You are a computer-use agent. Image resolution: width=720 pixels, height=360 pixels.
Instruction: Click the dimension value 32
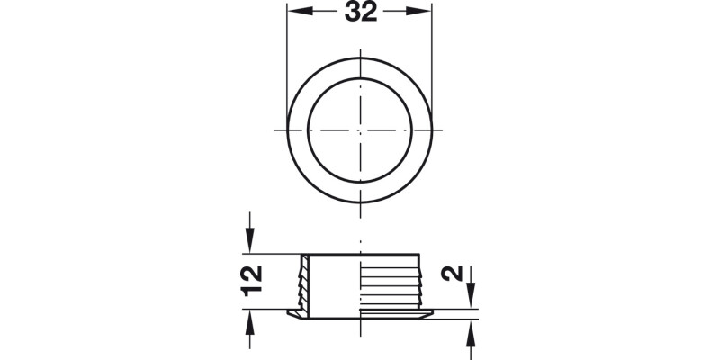coord(359,13)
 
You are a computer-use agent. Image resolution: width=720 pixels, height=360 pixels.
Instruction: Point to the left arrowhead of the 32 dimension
coord(297,13)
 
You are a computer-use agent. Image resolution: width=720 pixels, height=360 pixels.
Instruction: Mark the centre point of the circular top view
coord(359,130)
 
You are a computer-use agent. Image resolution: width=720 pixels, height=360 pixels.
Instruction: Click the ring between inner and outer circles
coord(297,130)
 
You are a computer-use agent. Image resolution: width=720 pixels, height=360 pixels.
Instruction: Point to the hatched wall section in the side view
coord(304,283)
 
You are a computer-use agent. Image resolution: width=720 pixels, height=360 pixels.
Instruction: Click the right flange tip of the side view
coord(431,313)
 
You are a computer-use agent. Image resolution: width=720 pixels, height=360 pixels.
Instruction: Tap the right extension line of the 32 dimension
coord(431,54)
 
